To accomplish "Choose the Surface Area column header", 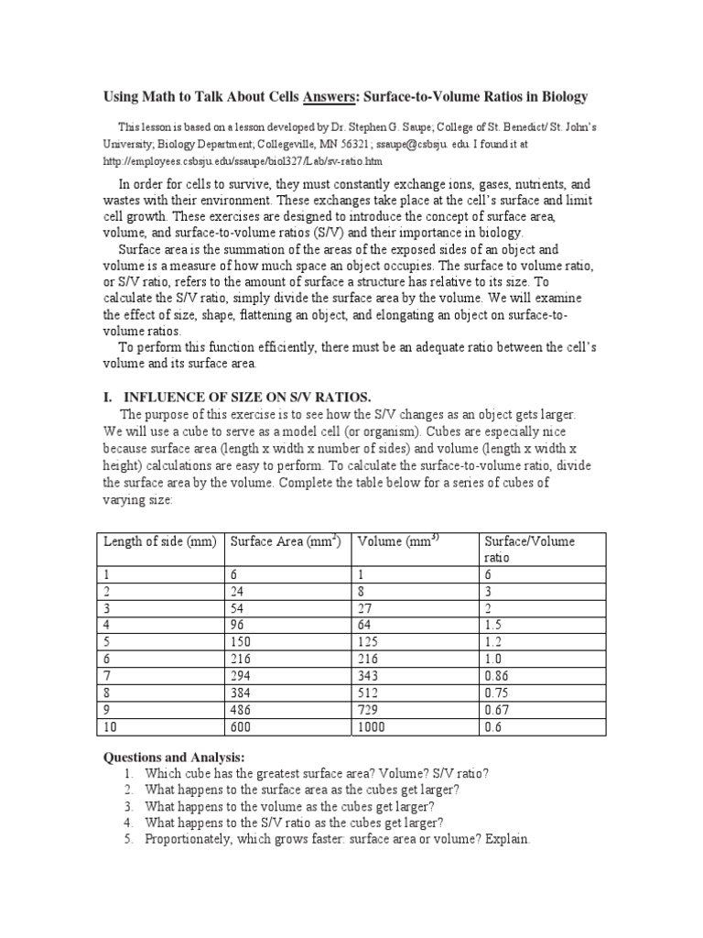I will (286, 541).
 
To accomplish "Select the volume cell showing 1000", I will (373, 726).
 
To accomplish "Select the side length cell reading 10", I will (112, 726).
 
